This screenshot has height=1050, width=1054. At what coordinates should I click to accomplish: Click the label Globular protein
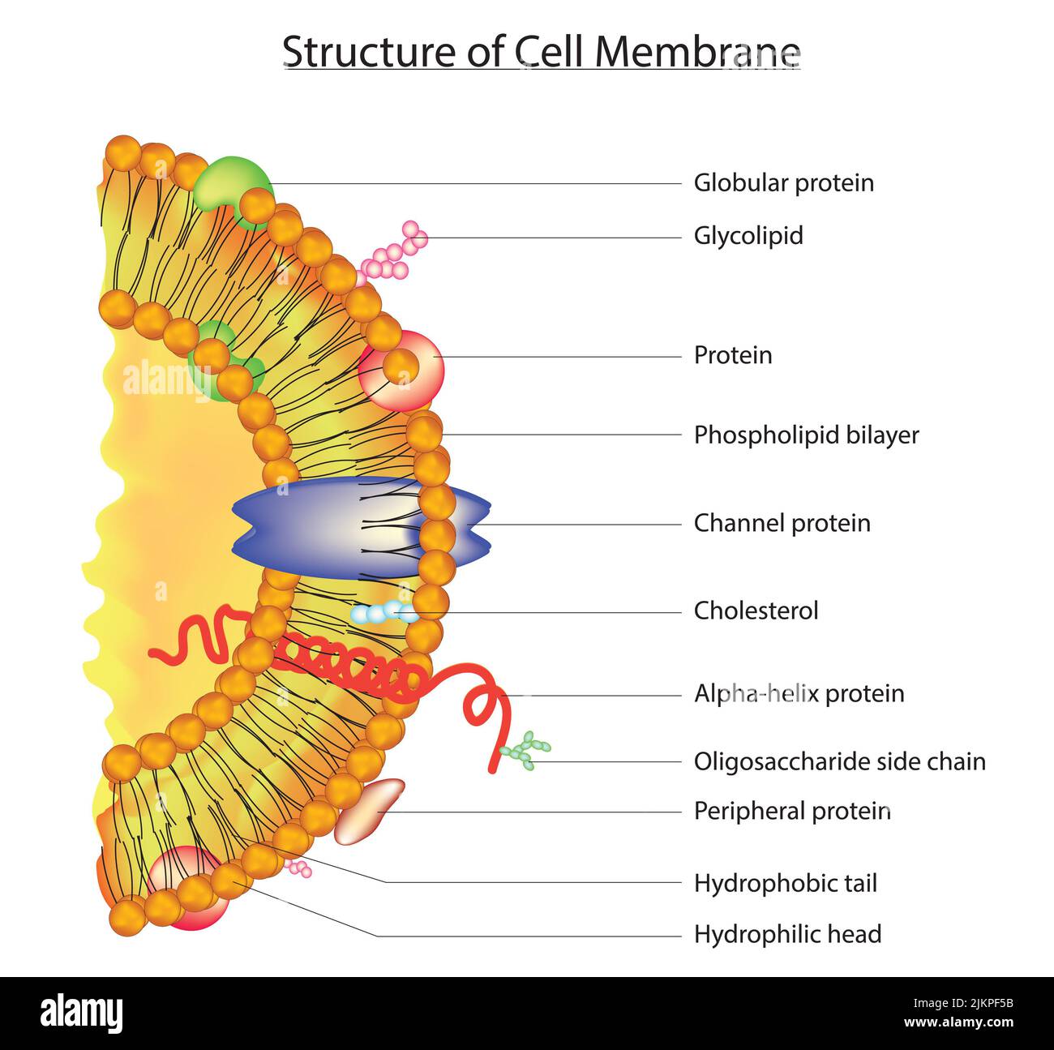coord(783,182)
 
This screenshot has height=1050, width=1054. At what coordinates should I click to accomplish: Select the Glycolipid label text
coord(748,236)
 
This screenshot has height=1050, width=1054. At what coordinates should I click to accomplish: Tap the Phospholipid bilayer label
coord(806,435)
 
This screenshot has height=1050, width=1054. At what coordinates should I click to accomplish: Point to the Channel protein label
coord(782,523)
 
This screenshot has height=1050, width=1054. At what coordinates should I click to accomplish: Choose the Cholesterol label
coord(756,611)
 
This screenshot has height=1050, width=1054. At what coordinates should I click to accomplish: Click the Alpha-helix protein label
coord(799,693)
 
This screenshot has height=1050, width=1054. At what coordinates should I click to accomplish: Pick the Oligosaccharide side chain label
coord(839,761)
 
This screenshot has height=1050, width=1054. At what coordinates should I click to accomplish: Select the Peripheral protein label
coord(792,811)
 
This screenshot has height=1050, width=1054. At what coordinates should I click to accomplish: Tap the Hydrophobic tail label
coord(785,883)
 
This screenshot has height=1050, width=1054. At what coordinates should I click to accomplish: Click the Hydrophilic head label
coord(787,934)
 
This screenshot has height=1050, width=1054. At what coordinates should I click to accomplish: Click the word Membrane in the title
coord(697,52)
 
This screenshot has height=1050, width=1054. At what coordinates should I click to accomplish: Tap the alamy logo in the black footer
coord(81,1013)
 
